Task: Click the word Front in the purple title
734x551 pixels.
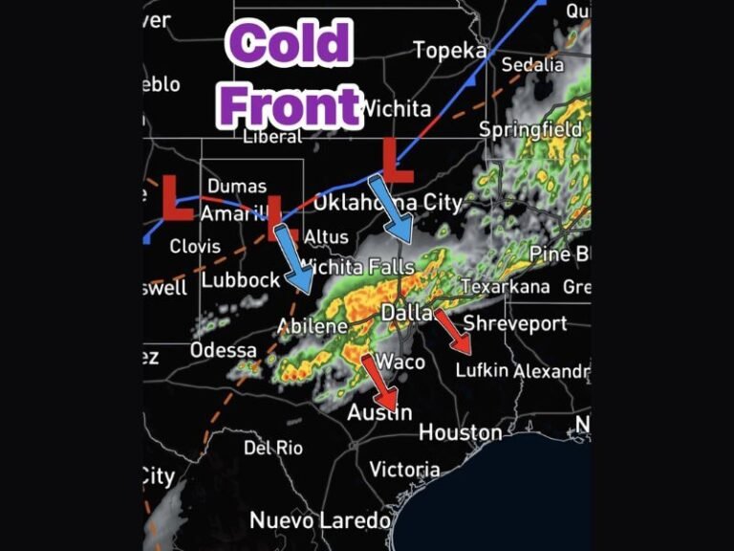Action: [x=290, y=102]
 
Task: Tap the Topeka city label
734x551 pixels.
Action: [x=449, y=50]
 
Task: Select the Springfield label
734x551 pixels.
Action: [x=529, y=129]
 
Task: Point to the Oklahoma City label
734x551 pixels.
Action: [x=387, y=203]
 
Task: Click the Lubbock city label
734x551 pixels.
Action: [x=240, y=279]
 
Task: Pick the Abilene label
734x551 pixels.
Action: [x=313, y=327]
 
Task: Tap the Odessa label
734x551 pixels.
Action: [x=223, y=350]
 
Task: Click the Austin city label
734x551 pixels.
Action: [x=379, y=412]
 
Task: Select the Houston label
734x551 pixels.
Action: [x=460, y=432]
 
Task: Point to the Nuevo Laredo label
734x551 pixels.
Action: [x=319, y=520]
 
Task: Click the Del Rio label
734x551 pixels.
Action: [x=272, y=447]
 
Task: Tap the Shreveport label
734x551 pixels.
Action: [x=515, y=323]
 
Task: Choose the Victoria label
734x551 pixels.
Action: [x=404, y=469]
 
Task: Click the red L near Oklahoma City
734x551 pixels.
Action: [x=397, y=159]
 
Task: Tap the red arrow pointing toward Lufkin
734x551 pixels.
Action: [x=452, y=331]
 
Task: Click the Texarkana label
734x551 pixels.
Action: [x=505, y=287]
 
